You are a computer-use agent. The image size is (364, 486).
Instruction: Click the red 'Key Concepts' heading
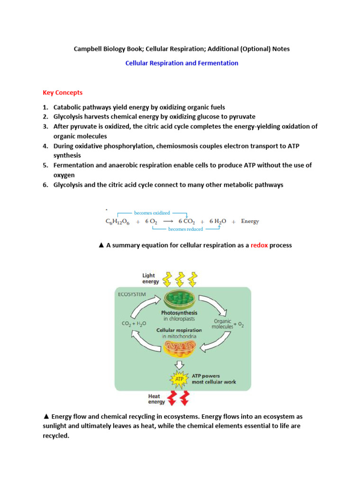coord(63,93)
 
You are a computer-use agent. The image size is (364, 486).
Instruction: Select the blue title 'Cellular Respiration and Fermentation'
coord(182,63)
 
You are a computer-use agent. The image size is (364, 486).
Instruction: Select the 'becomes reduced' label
coord(185,229)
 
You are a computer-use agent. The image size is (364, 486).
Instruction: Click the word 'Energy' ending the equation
coord(250,221)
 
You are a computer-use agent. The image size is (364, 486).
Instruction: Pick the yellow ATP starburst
coord(180,379)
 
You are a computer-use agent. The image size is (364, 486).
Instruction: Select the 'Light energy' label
coord(151,278)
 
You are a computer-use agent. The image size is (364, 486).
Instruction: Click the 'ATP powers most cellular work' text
coord(213,379)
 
